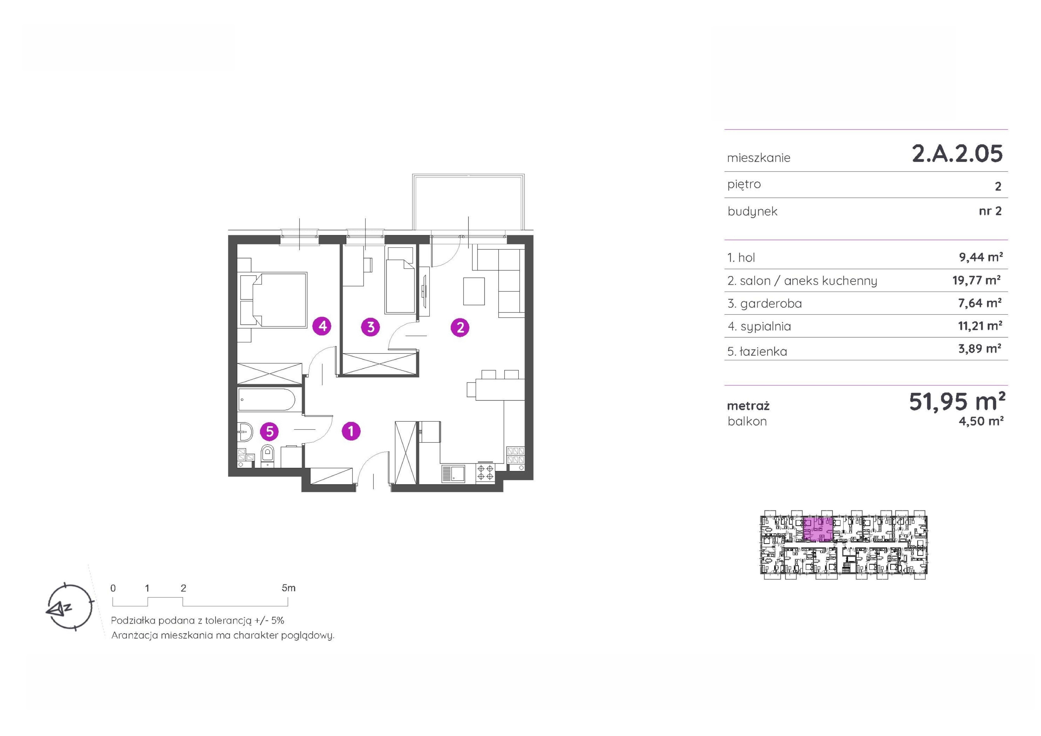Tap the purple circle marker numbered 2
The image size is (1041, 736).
[x=460, y=327]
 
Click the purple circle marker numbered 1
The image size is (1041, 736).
[x=351, y=431]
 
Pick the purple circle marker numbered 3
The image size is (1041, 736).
[x=370, y=327]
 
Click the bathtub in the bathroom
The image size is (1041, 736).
[x=267, y=399]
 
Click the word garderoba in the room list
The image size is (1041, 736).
[x=771, y=304]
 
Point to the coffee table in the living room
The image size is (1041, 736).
[x=474, y=291]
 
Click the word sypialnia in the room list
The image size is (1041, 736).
[x=766, y=327]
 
